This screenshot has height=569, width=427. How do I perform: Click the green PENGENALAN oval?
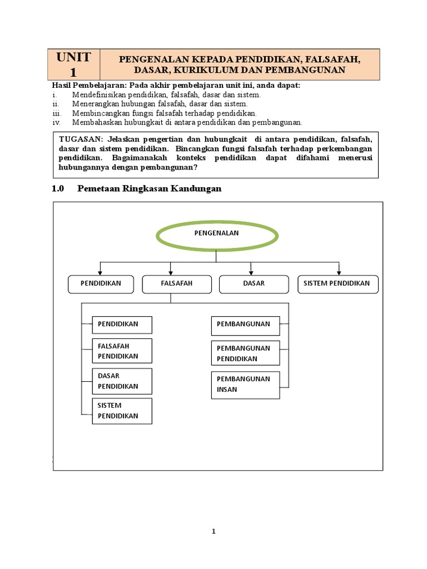click(216, 233)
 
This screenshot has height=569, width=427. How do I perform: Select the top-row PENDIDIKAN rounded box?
click(101, 283)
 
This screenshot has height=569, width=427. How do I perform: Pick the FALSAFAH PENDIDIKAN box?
click(122, 351)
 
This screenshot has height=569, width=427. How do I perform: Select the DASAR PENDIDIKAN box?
click(122, 381)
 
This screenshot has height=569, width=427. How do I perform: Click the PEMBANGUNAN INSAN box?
click(245, 384)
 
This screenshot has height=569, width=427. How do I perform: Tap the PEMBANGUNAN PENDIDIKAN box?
click(245, 353)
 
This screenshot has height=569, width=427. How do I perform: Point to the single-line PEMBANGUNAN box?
click(245, 324)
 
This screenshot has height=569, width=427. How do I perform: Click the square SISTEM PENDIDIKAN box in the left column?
click(122, 411)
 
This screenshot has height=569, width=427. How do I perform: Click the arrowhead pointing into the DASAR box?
click(251, 272)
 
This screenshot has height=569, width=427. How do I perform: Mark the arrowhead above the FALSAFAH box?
click(171, 272)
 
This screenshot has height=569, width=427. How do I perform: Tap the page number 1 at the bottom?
click(213, 531)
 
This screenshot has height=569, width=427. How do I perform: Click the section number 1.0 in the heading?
click(58, 188)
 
